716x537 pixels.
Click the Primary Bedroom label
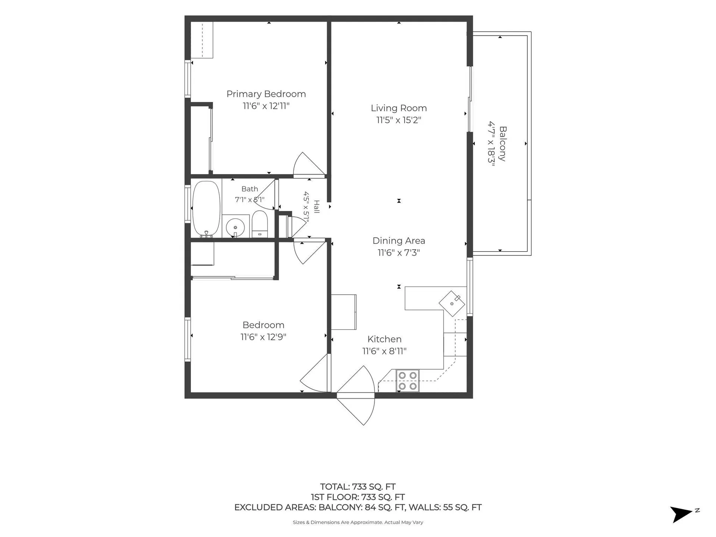tap(266, 94)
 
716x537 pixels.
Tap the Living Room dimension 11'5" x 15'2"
tap(399, 120)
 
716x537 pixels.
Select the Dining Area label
tap(399, 241)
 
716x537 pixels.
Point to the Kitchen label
tap(384, 339)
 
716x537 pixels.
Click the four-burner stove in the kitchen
tap(408, 381)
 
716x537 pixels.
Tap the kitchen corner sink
tap(452, 304)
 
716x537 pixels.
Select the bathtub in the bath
tap(206, 209)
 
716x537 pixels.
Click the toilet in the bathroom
tap(260, 224)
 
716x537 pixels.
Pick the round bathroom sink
tap(235, 227)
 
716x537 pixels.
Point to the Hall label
tap(317, 207)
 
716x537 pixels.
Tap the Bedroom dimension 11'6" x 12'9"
tap(263, 337)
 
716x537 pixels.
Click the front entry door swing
tap(356, 395)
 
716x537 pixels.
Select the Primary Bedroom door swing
tap(309, 164)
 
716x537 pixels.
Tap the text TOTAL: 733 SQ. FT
tap(358, 487)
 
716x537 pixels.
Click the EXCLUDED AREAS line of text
tap(358, 507)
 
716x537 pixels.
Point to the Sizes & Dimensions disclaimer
tap(358, 522)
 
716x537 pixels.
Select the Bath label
tap(249, 189)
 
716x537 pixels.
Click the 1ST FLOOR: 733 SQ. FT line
tap(358, 497)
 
